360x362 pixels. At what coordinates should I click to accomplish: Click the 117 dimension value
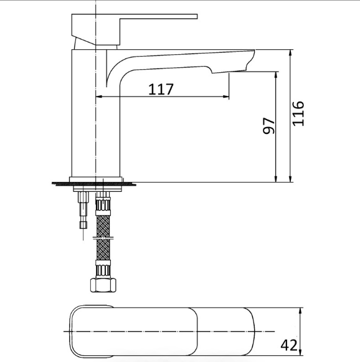161,89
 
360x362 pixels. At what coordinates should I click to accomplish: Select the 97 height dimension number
269,126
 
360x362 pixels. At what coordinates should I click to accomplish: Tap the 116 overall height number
298,113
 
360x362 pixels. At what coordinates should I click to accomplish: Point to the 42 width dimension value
289,346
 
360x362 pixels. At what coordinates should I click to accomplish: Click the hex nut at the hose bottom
103,285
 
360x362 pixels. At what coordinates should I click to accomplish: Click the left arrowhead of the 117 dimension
98,97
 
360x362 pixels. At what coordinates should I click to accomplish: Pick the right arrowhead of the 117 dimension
226,97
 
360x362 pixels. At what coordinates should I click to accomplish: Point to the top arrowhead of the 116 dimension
290,53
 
